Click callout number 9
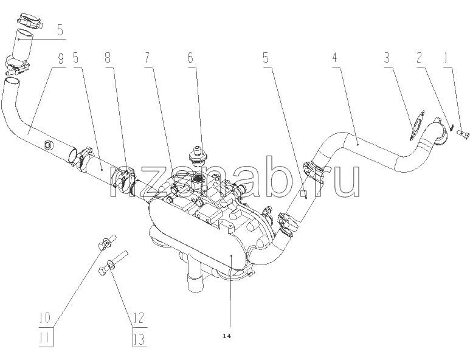click(61, 58)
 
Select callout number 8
click(108, 58)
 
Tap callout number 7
click(147, 58)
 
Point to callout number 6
click(191, 58)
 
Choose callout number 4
click(334, 58)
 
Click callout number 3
click(387, 58)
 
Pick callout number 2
click(420, 58)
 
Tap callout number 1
click(446, 58)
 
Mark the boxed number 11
click(46, 339)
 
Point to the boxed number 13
click(139, 339)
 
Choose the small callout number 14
click(227, 336)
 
